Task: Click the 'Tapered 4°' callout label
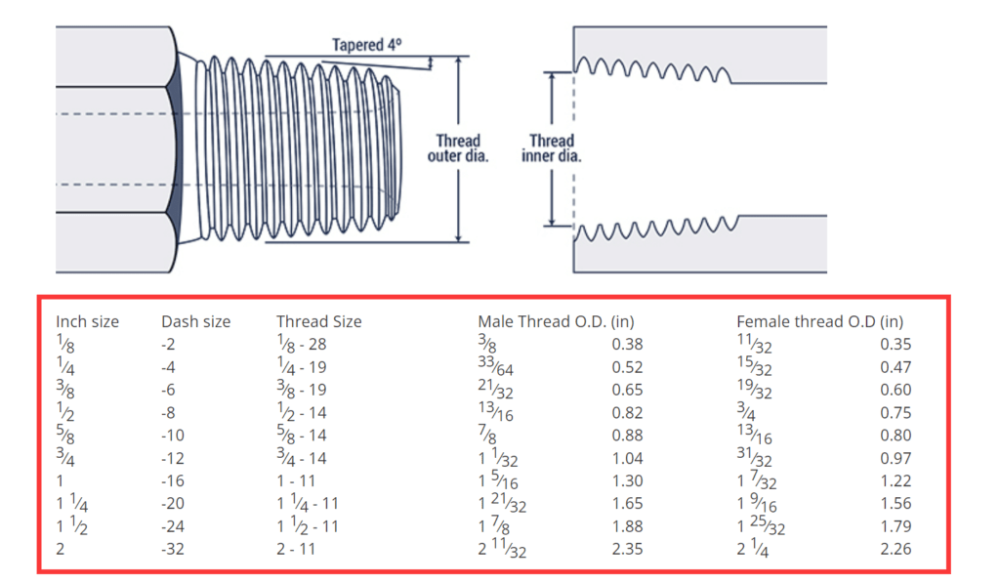(x=366, y=45)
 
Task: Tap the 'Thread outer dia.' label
(x=458, y=148)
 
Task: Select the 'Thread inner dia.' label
(x=552, y=148)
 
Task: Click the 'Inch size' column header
(x=86, y=321)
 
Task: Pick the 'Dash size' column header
(x=195, y=321)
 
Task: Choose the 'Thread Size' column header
(x=318, y=321)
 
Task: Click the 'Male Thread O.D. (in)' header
(x=552, y=321)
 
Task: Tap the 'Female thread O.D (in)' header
(x=819, y=321)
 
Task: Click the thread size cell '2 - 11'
(x=297, y=549)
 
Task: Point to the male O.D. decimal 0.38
(x=627, y=345)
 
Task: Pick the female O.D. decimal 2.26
(x=896, y=549)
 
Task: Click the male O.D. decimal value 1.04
(x=627, y=458)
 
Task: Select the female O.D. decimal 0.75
(x=896, y=413)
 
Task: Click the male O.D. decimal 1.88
(x=627, y=526)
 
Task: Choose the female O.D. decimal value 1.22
(x=896, y=480)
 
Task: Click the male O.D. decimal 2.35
(x=627, y=549)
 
